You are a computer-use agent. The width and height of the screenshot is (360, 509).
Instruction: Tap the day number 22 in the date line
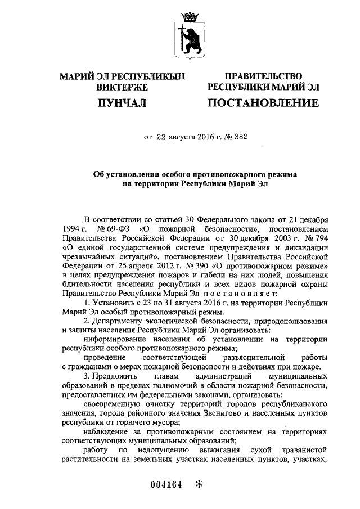pyautogui.click(x=162, y=137)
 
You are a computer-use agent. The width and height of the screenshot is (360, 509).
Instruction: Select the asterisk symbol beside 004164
pyautogui.click(x=198, y=484)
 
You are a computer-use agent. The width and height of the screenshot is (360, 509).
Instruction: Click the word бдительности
pyautogui.click(x=87, y=284)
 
